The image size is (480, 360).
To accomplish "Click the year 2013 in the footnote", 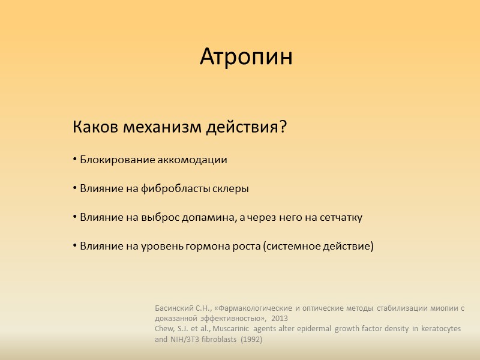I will click(x=280, y=319).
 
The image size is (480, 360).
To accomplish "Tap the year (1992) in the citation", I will click(x=251, y=339).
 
